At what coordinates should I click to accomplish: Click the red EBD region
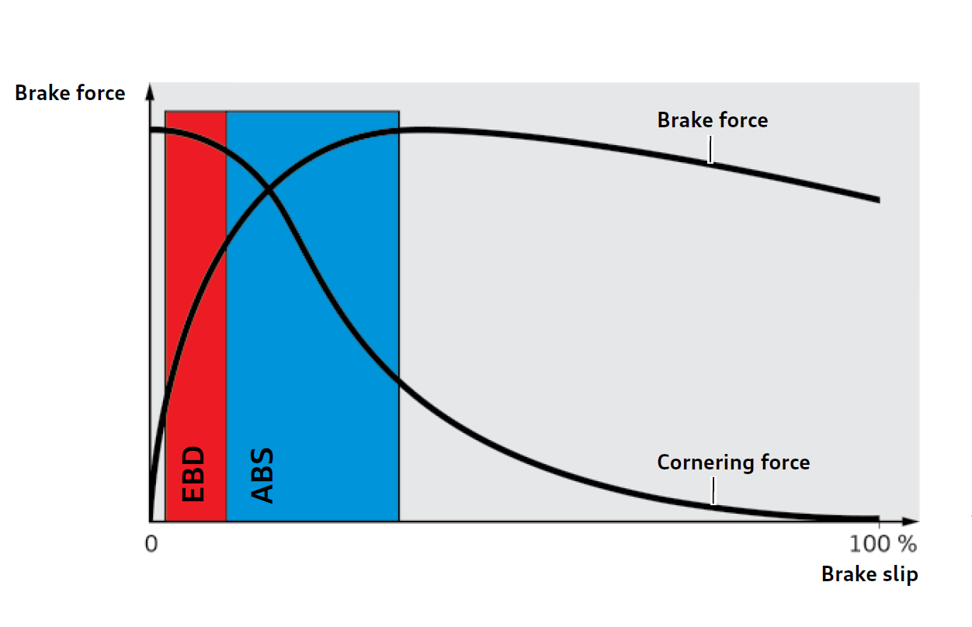pos(196,316)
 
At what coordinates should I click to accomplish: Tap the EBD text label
pos(193,474)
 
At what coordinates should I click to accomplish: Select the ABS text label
pos(262,475)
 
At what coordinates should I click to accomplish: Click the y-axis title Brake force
pos(70,93)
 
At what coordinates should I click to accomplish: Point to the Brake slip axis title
pos(870,574)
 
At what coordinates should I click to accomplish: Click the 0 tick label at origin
pos(151,544)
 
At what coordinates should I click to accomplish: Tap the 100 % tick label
pos(883,544)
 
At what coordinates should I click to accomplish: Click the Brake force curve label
pos(713,120)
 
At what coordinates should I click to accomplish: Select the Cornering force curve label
pos(734,462)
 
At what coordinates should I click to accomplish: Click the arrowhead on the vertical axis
pos(150,92)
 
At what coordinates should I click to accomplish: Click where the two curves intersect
pos(269,189)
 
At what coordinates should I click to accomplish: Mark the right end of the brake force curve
pos(879,200)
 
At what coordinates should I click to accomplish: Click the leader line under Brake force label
pos(710,150)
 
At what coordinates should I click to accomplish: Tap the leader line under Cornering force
pos(713,491)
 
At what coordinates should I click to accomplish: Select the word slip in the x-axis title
pos(900,574)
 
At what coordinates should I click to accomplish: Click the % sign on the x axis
pos(908,544)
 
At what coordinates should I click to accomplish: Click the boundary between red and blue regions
pos(227,316)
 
